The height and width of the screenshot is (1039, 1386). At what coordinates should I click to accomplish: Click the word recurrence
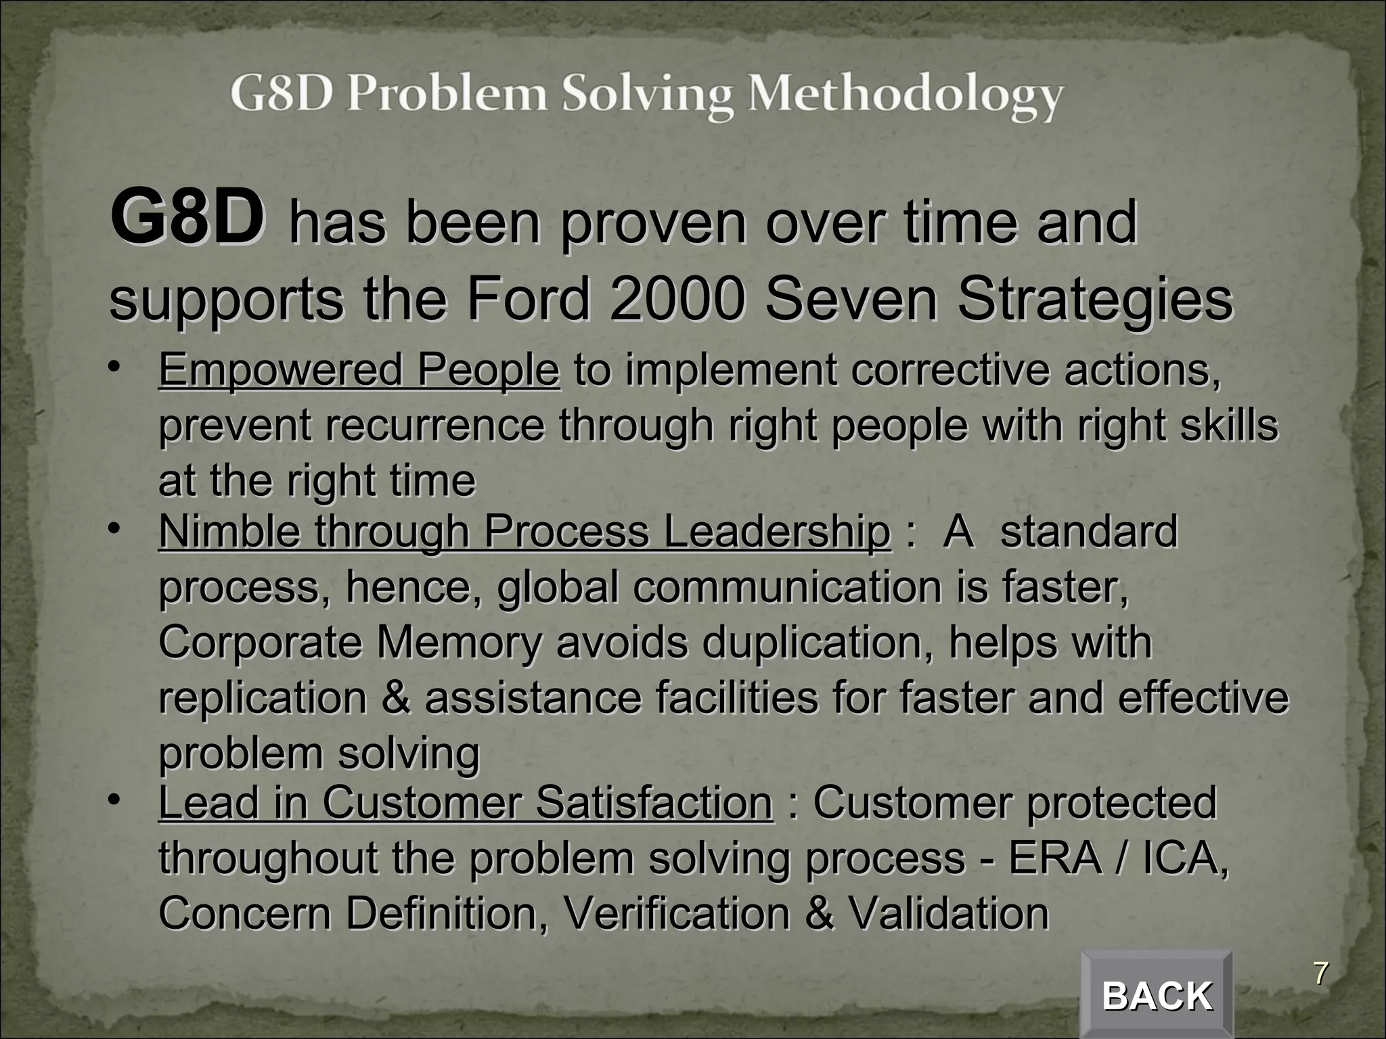(435, 426)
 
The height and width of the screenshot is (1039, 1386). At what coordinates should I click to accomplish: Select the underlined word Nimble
(229, 532)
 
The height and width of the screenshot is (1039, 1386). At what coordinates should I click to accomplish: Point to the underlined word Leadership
(776, 533)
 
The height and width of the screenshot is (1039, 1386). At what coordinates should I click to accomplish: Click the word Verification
(676, 914)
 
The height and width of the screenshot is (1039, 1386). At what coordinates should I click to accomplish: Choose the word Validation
(948, 914)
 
